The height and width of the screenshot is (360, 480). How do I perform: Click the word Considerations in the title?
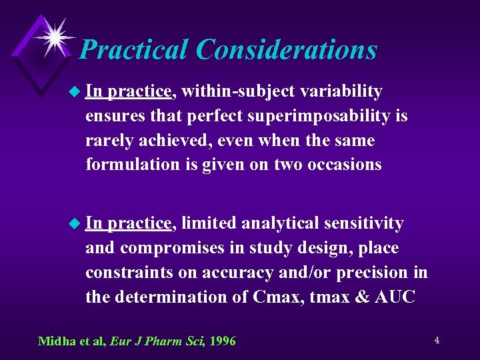pyautogui.click(x=287, y=50)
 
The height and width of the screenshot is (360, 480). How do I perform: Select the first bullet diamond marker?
pyautogui.click(x=74, y=91)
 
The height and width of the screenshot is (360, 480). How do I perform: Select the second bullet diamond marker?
pyautogui.click(x=74, y=223)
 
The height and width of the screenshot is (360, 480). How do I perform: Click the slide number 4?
pyautogui.click(x=437, y=340)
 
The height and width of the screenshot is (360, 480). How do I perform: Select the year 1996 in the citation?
pyautogui.click(x=223, y=341)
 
